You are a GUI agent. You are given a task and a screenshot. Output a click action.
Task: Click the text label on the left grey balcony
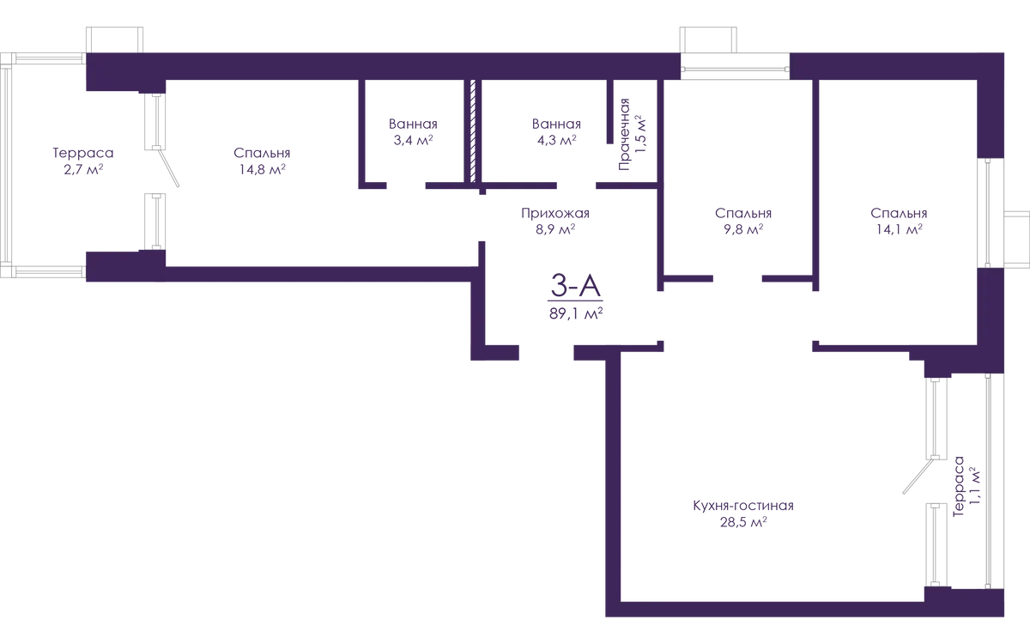tap(82, 160)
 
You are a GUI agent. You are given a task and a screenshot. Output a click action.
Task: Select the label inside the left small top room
tap(413, 134)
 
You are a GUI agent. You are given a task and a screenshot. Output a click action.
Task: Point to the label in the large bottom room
tap(743, 512)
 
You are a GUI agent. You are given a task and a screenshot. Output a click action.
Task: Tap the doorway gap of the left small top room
tap(403, 185)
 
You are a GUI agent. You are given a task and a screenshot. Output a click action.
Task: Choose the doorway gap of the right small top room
tap(578, 185)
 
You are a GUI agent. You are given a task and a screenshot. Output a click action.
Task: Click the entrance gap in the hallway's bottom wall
tap(546, 349)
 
